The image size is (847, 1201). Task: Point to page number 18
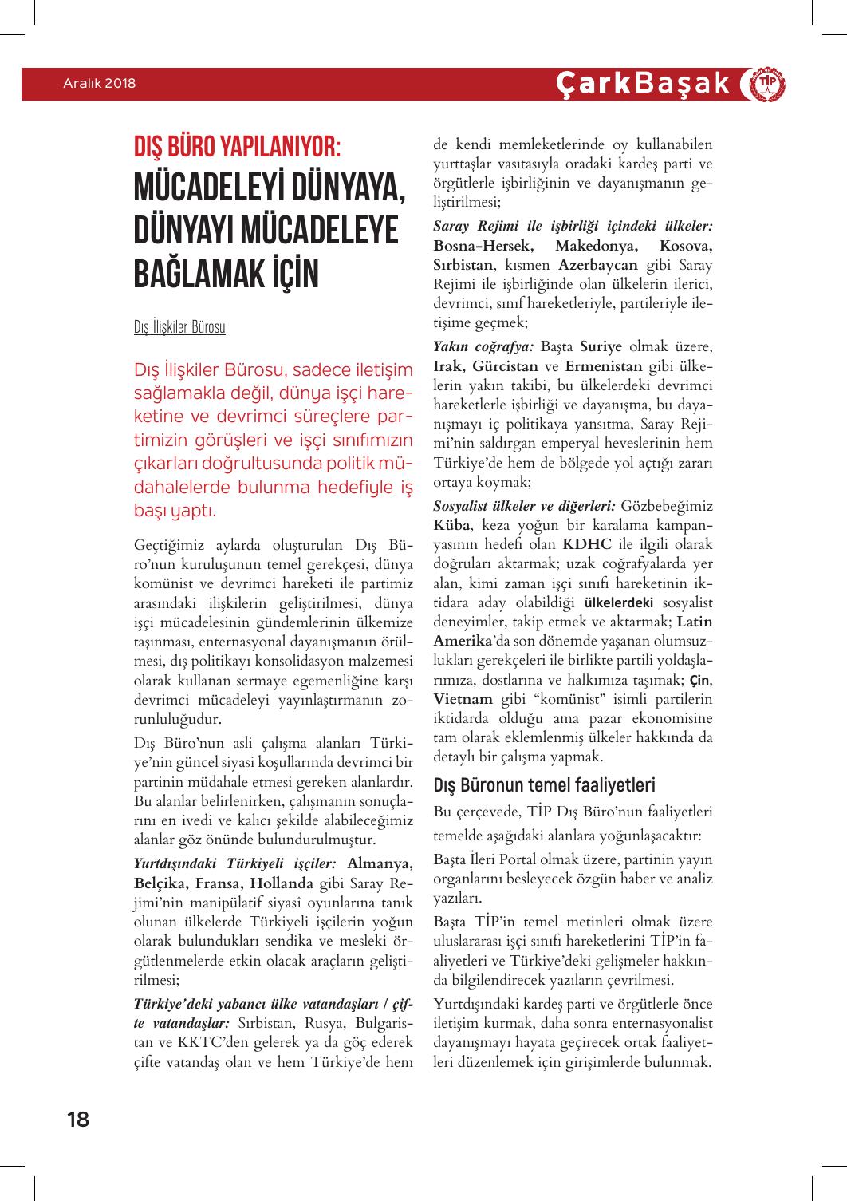point(78,1119)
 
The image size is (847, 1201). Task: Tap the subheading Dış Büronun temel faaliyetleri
point(543,784)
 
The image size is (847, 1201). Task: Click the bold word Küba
point(453,525)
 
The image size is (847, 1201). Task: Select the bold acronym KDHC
point(587,544)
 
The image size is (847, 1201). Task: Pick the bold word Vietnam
point(464,699)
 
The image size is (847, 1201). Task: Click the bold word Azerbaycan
point(597,265)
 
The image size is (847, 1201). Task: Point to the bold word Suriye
point(601,346)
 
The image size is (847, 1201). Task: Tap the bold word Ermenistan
point(604,366)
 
